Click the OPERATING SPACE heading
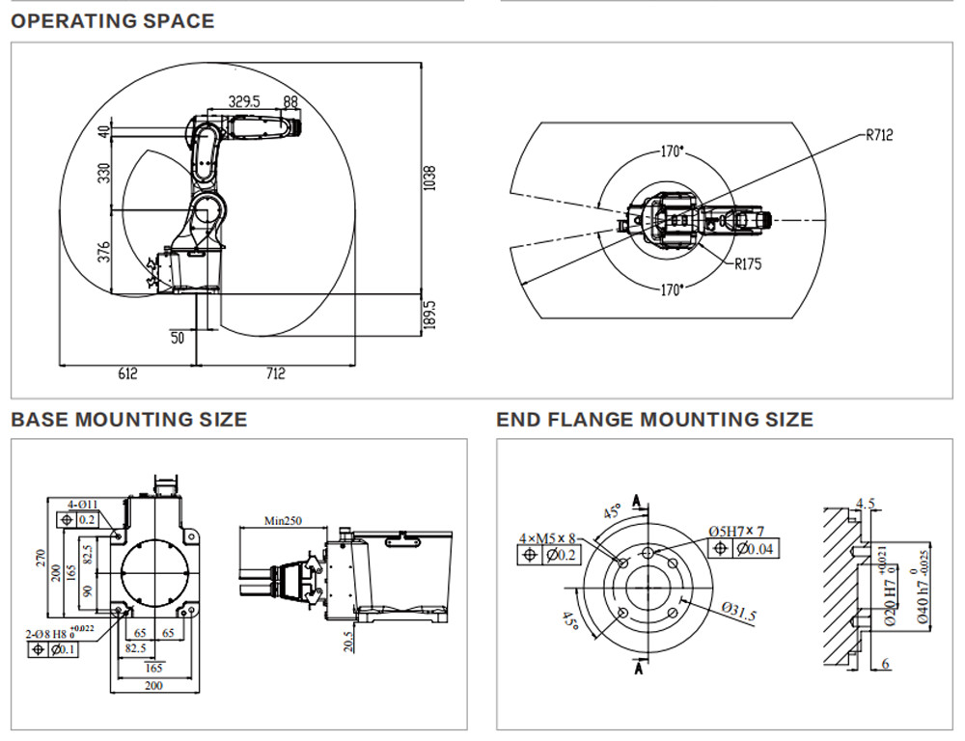click(x=112, y=20)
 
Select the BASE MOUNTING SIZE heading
click(x=128, y=420)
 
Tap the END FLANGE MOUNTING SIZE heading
click(x=654, y=420)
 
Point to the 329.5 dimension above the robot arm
click(x=244, y=100)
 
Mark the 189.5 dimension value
click(x=430, y=316)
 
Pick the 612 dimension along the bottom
click(x=127, y=373)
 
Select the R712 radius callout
click(x=878, y=135)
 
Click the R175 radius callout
click(x=748, y=263)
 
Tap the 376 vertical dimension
click(x=104, y=252)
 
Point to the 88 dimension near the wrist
click(x=290, y=100)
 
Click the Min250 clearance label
click(x=284, y=520)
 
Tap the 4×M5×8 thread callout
click(x=547, y=537)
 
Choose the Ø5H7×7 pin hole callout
click(x=735, y=532)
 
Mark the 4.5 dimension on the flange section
click(x=865, y=504)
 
